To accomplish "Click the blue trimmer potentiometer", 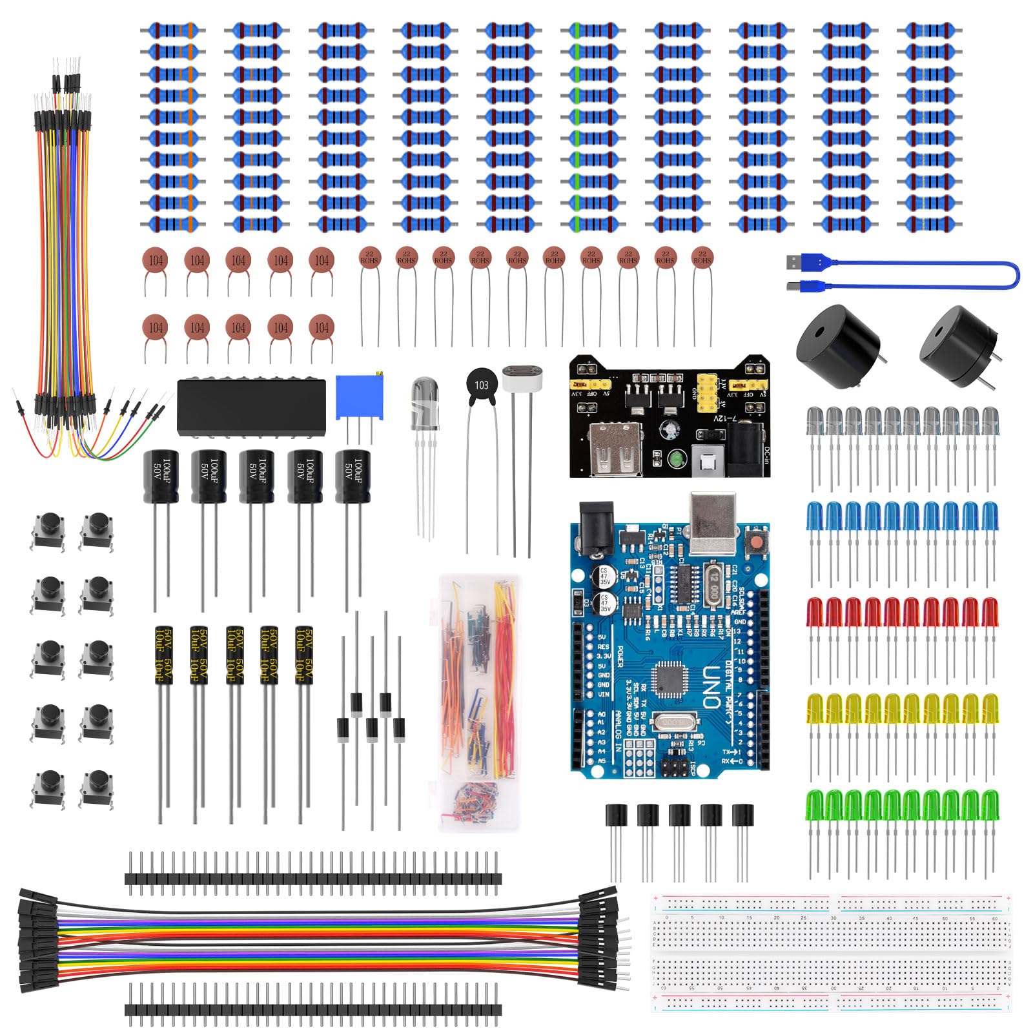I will coord(359,397).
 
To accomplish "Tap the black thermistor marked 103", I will coord(481,385).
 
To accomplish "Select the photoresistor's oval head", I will coord(522,379).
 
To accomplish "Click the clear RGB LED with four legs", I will coord(425,404).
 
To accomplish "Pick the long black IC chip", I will coord(251,407).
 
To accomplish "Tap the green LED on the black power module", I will coord(675,460).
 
